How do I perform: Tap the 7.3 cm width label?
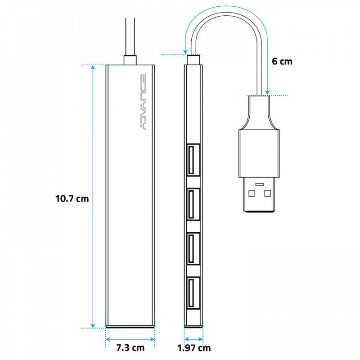point(130,347)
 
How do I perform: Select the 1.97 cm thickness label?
point(193,347)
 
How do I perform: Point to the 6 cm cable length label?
point(282,61)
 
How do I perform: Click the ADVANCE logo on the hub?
point(143,102)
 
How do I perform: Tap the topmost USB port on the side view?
point(193,159)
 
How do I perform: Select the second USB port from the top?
point(193,204)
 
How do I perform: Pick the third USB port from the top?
point(193,248)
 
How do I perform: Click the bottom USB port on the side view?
point(193,292)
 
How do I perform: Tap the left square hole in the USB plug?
point(251,193)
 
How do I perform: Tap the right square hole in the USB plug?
point(268,193)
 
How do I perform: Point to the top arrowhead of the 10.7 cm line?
point(93,67)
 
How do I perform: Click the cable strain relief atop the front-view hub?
point(130,60)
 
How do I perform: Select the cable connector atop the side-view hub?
point(193,59)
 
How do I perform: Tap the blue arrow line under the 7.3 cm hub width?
point(130,338)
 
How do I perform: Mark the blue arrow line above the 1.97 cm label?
point(193,338)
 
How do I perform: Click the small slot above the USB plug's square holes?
point(260,184)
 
